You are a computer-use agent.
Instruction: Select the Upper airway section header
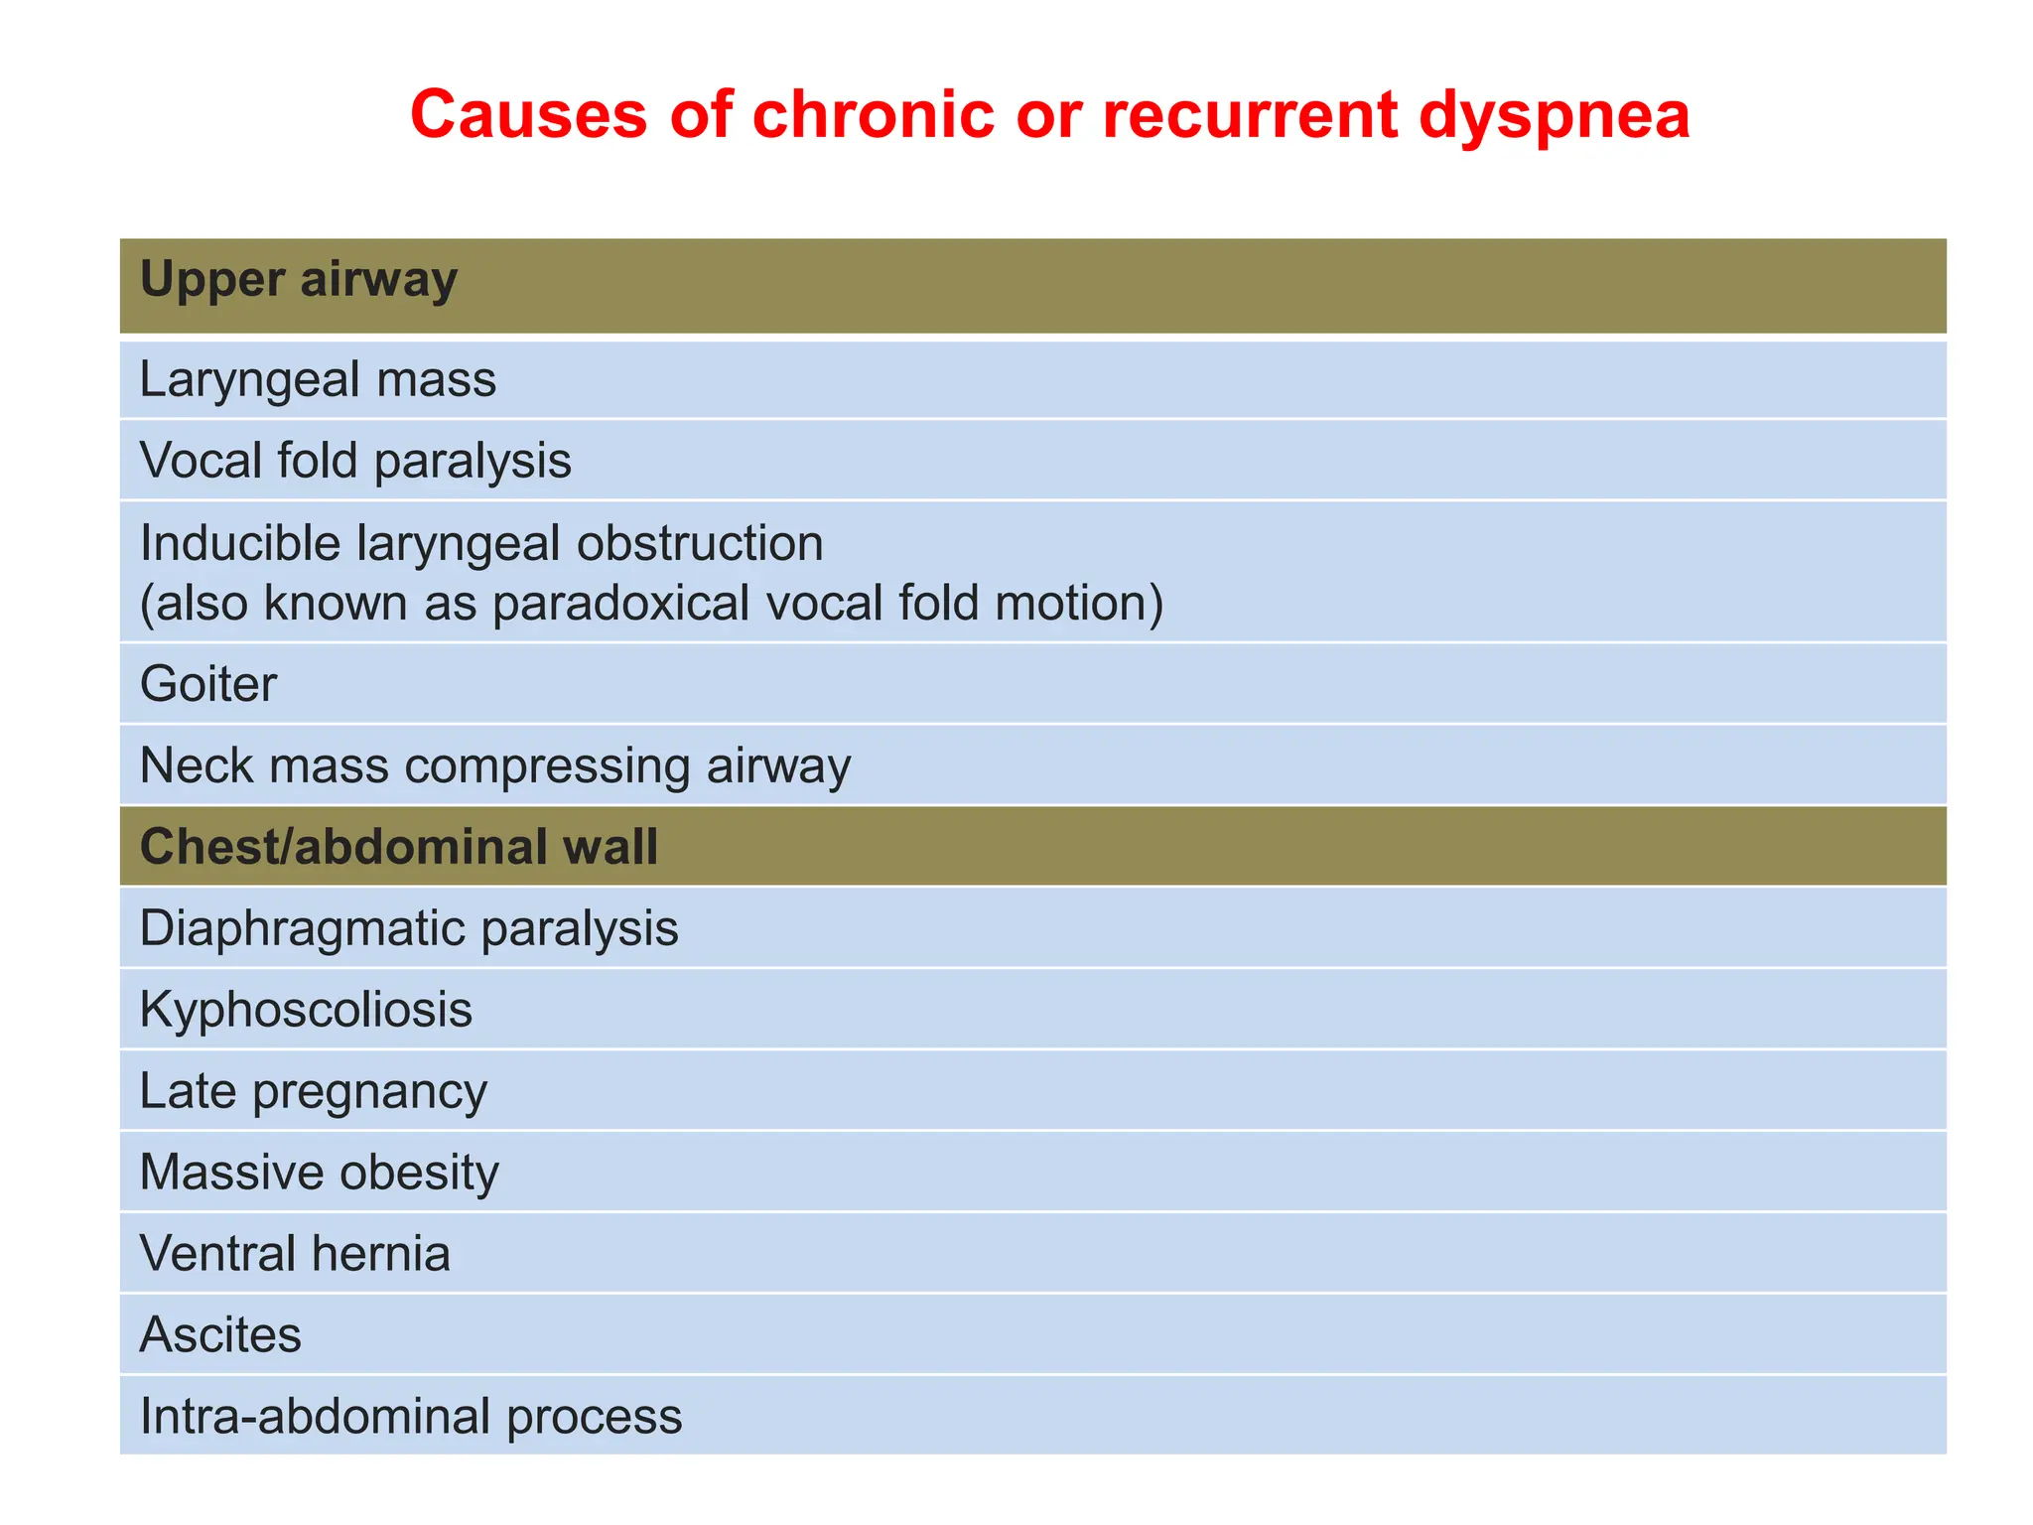298,280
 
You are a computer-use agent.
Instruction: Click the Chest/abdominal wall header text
398,848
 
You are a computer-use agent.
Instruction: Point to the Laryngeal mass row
318,380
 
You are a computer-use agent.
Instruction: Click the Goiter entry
208,685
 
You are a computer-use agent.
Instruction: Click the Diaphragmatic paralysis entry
409,929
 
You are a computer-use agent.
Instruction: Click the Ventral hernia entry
295,1254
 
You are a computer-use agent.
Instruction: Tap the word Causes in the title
528,114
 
